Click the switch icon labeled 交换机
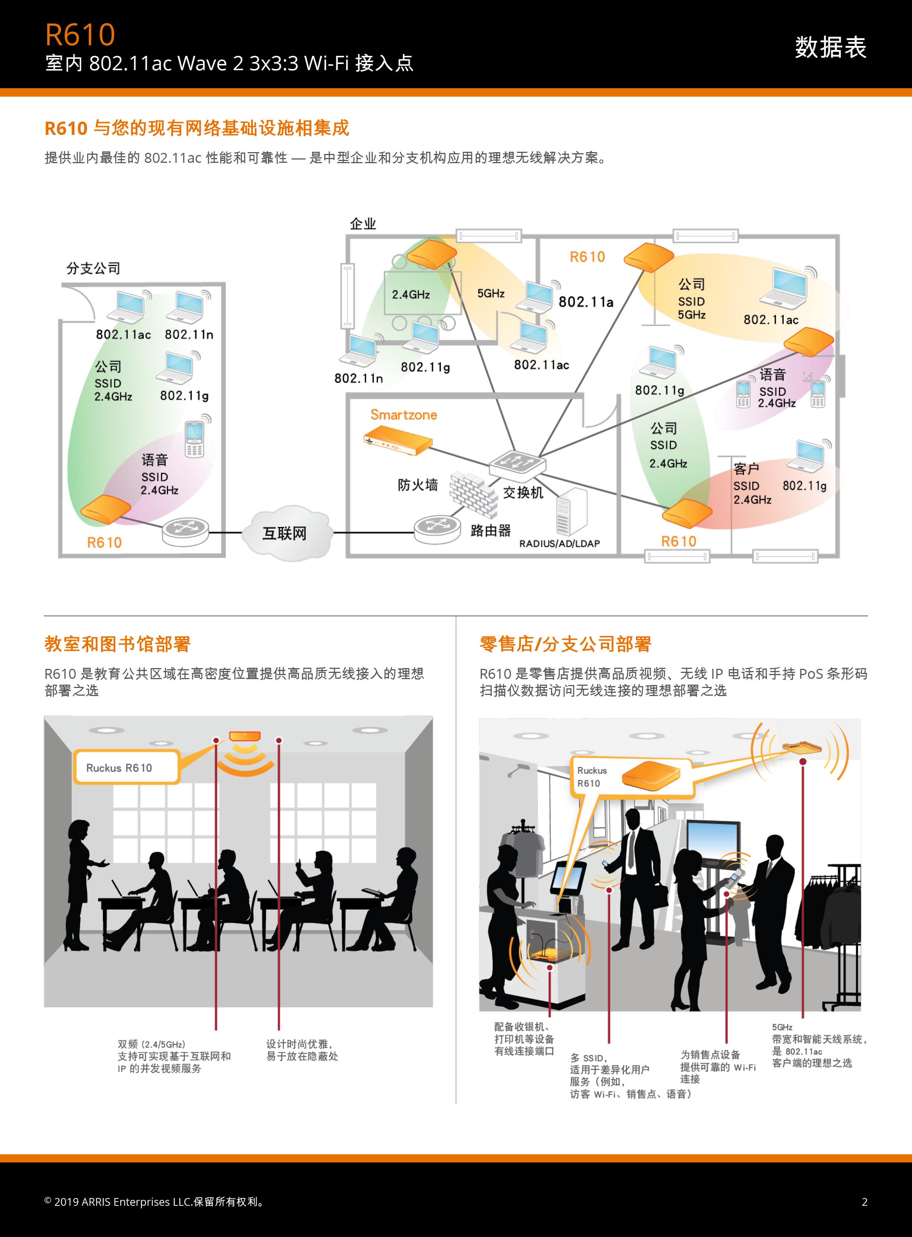point(517,463)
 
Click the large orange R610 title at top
point(80,35)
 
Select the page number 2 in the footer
point(865,1202)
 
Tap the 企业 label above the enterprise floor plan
point(363,223)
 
